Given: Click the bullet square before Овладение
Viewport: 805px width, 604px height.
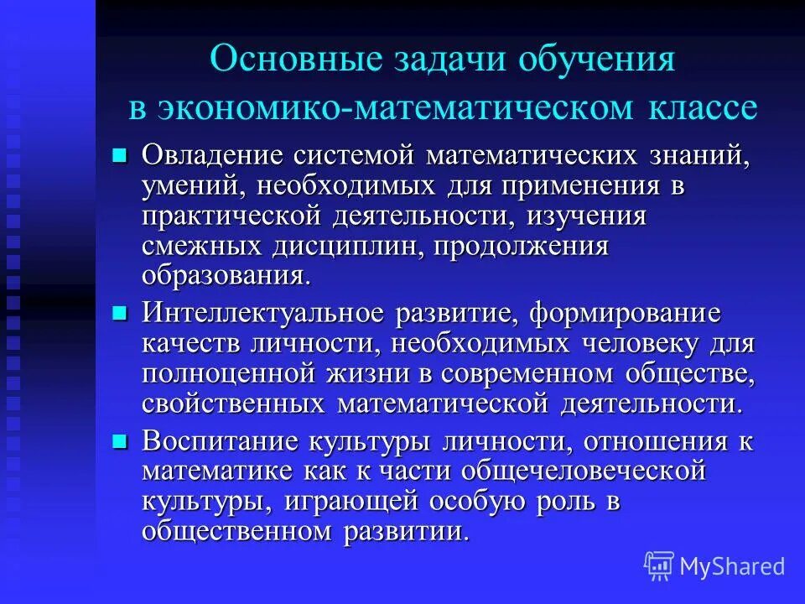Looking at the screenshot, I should pyautogui.click(x=119, y=154).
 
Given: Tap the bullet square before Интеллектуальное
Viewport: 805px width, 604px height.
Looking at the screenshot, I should pyautogui.click(x=119, y=313).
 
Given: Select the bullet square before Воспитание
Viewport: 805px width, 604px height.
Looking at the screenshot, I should pyautogui.click(x=119, y=441).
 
